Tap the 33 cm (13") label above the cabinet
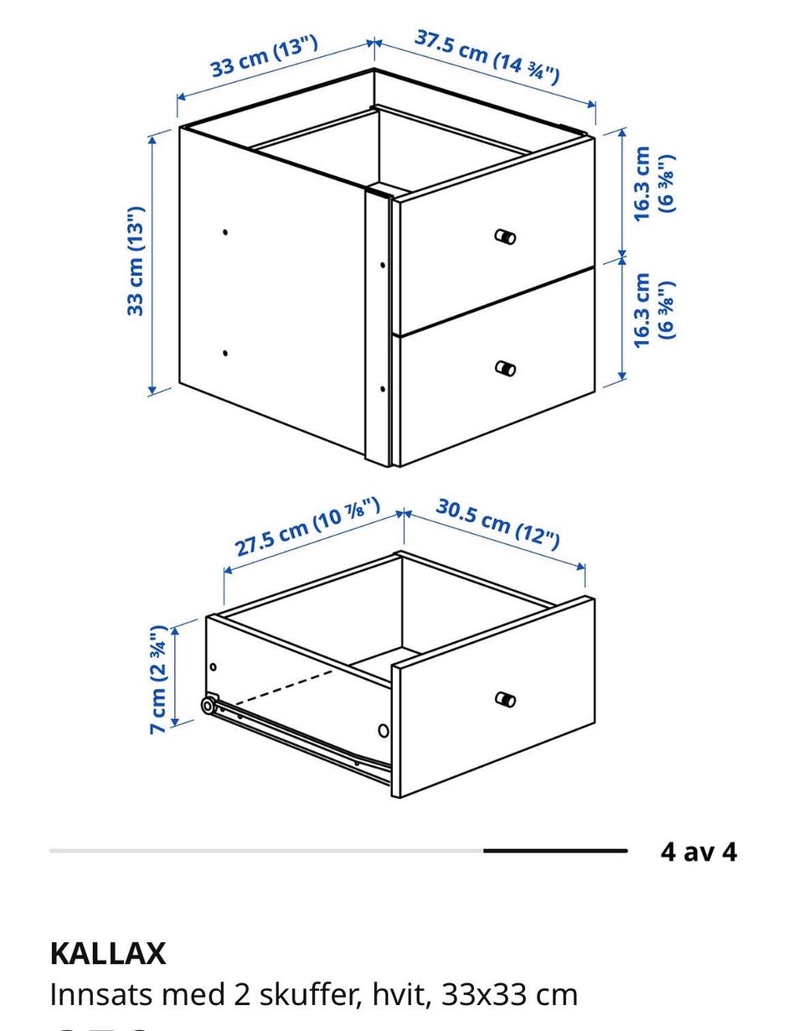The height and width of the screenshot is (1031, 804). click(264, 56)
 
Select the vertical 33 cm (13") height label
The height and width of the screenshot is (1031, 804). click(136, 261)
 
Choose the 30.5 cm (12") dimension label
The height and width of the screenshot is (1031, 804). click(497, 524)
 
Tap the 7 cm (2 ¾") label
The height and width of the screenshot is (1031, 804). click(157, 679)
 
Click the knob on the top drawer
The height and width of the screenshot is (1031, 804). click(505, 236)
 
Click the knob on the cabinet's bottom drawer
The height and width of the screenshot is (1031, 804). click(505, 368)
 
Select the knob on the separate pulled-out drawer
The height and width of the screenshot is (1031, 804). click(505, 699)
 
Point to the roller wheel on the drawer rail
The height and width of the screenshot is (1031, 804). click(208, 706)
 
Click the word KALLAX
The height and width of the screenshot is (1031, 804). click(108, 954)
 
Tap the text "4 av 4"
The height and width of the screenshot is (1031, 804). click(698, 852)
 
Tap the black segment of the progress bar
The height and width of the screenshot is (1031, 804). click(555, 851)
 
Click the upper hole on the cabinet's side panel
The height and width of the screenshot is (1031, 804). click(225, 232)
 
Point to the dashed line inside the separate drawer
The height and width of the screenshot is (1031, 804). click(283, 688)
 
